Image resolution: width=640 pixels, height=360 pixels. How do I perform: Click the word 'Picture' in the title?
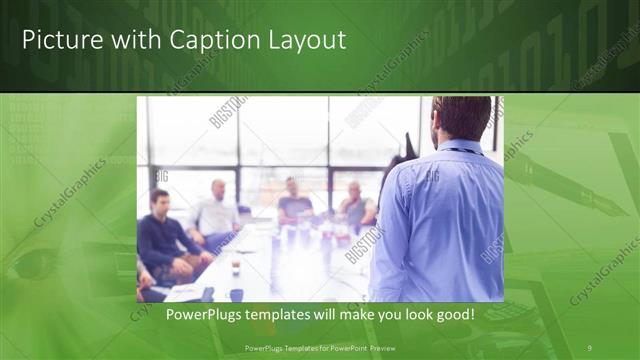pyautogui.click(x=57, y=41)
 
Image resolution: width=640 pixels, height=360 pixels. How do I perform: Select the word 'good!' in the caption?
pyautogui.click(x=451, y=314)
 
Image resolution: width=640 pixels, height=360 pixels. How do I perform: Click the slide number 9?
pyautogui.click(x=589, y=348)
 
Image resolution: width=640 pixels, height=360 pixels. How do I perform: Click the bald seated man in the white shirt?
pyautogui.click(x=216, y=212)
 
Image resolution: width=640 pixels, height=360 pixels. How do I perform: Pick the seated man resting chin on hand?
pyautogui.click(x=356, y=206)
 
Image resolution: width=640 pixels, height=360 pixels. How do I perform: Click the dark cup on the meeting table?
pyautogui.click(x=235, y=268)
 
